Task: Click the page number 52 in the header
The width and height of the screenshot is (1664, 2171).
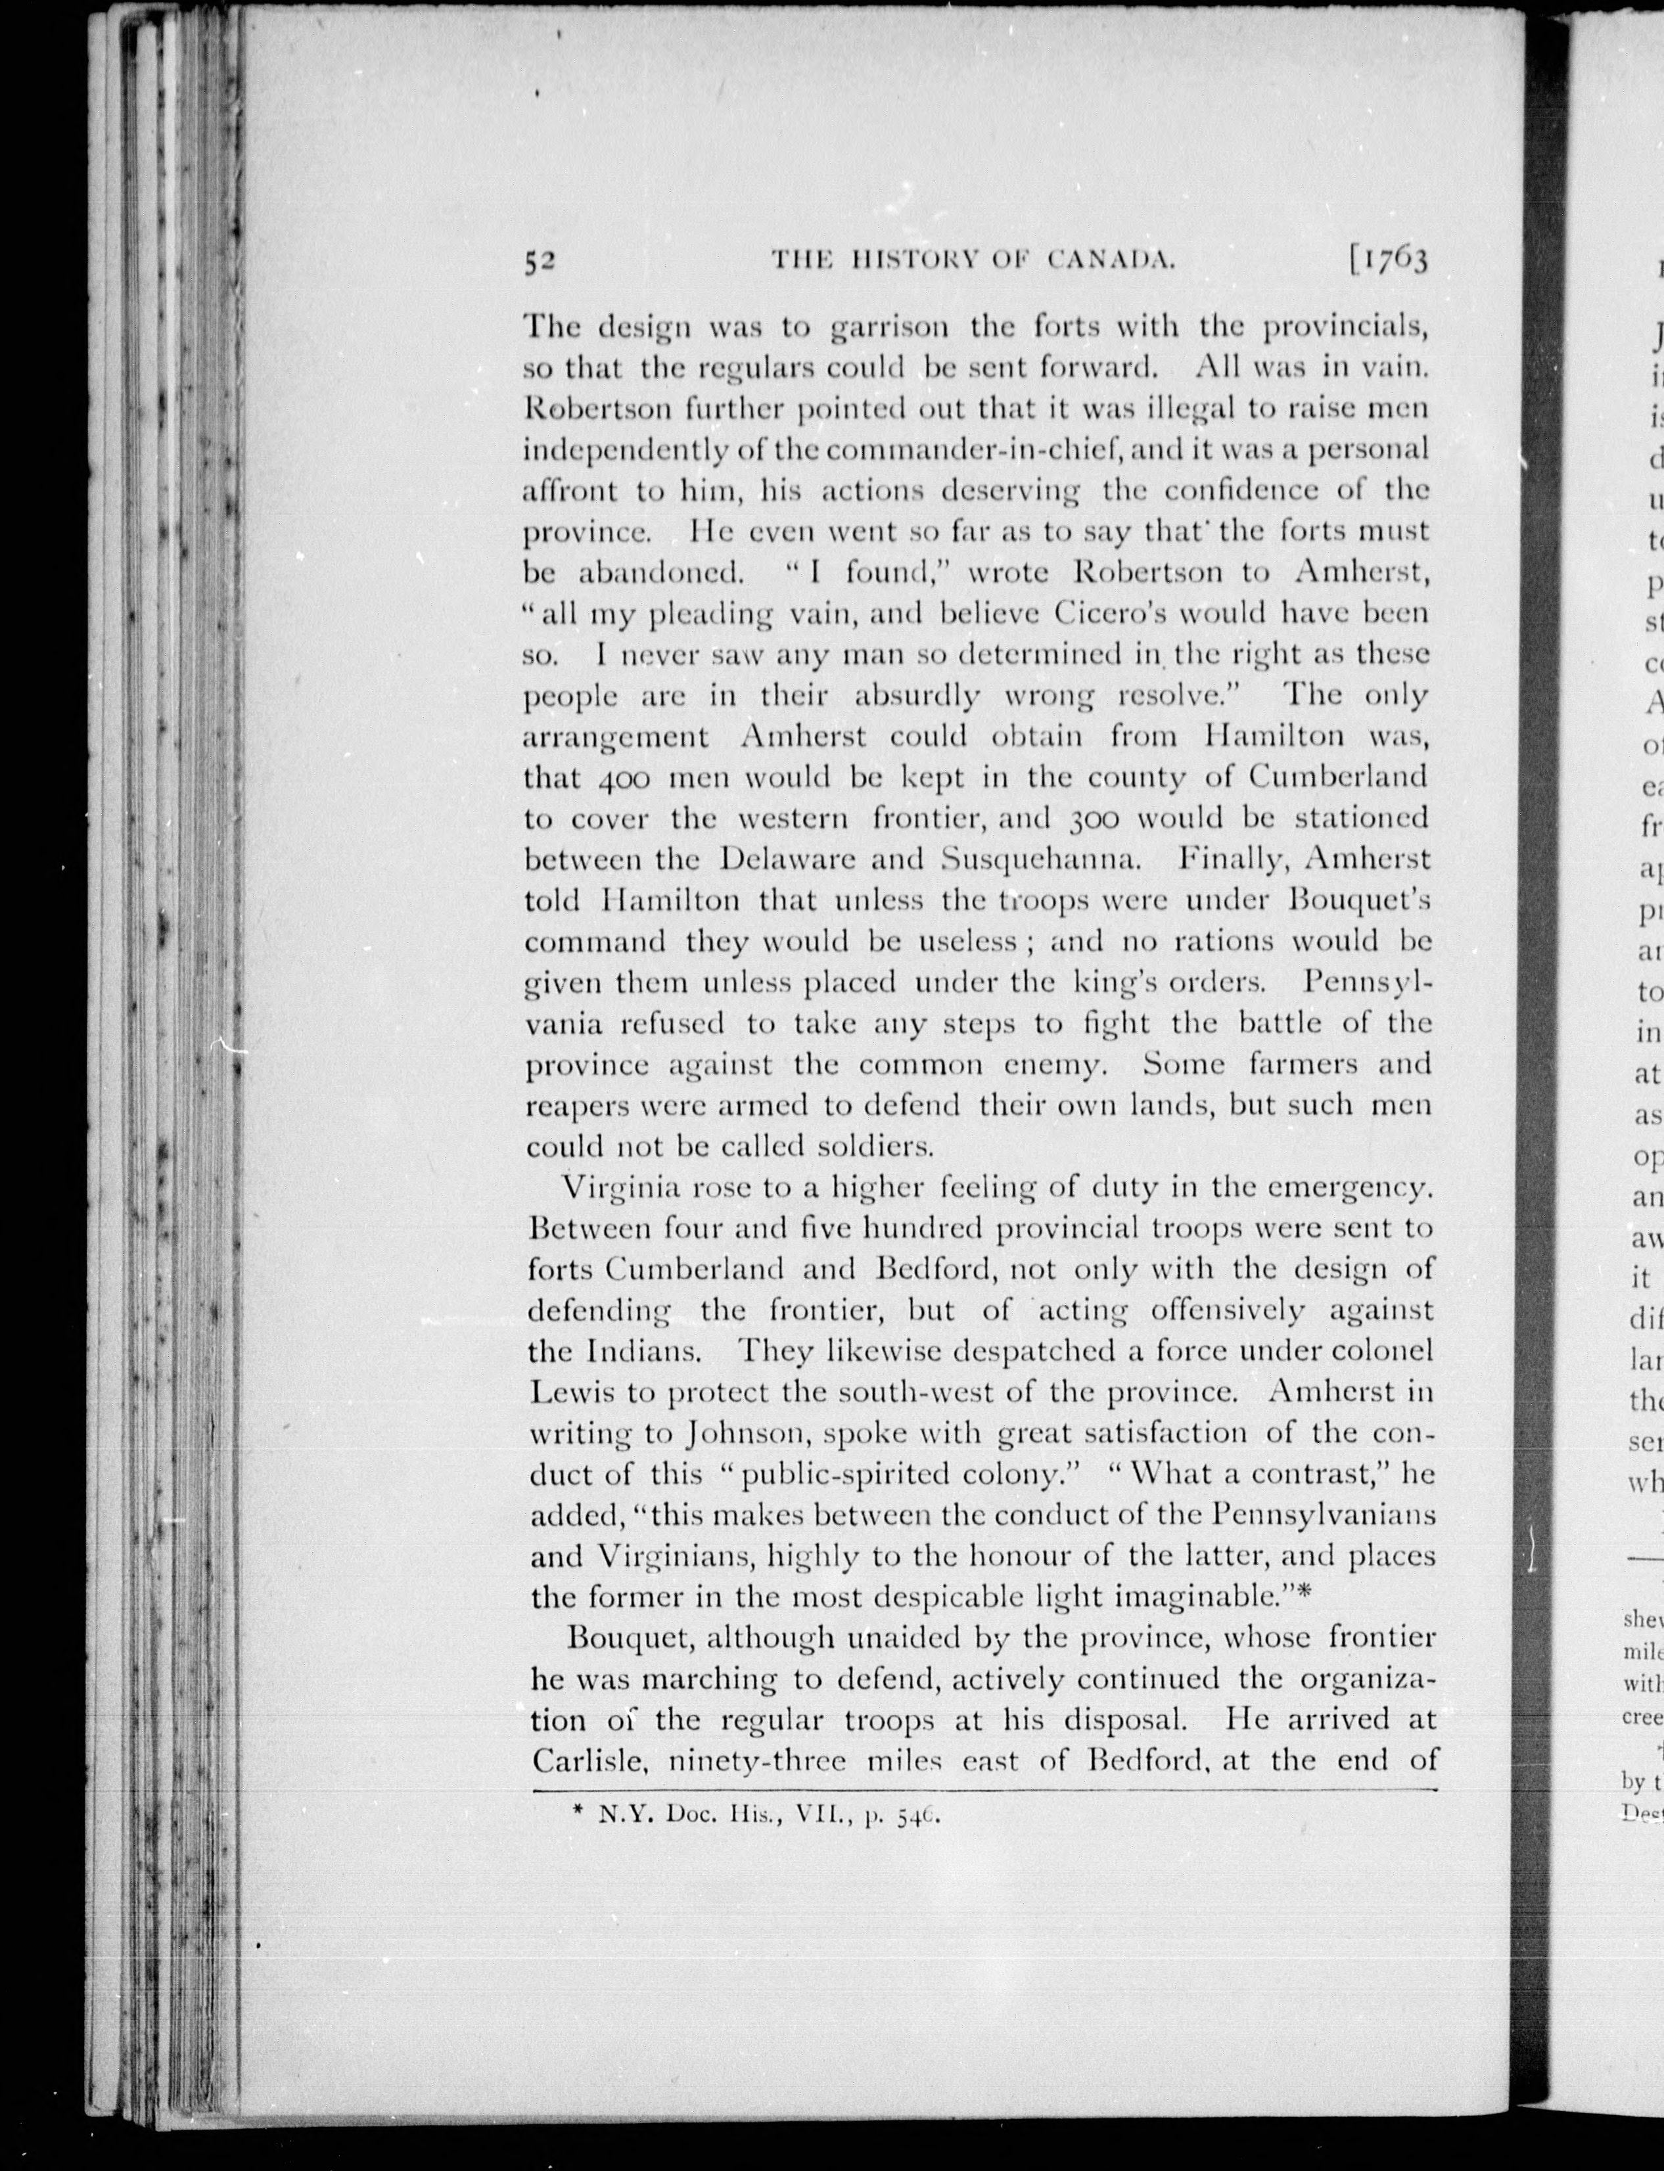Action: [x=542, y=260]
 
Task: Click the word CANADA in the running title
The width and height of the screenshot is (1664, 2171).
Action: [x=1113, y=260]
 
